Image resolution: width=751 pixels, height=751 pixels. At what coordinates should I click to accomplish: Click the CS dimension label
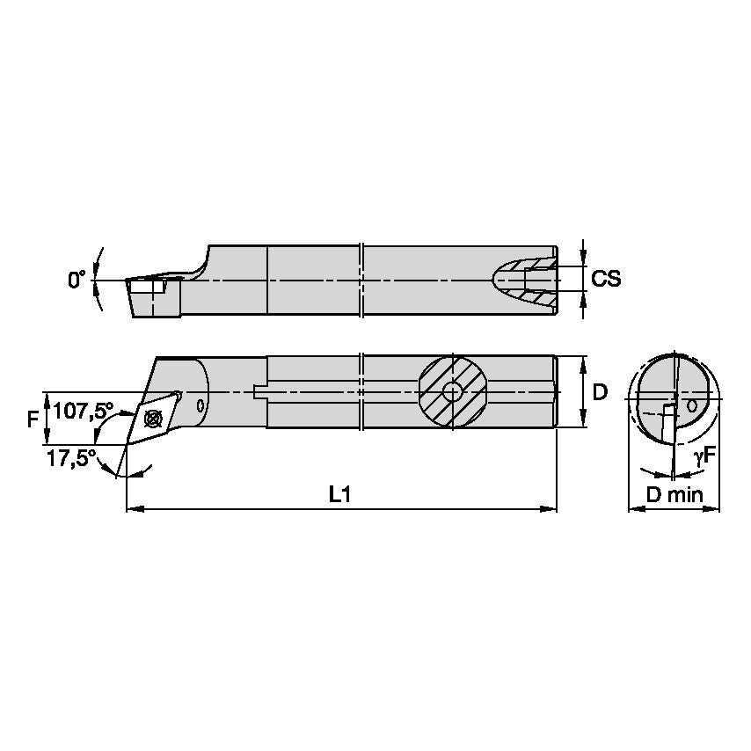point(606,279)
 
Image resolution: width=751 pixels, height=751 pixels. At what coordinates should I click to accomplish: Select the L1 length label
point(340,494)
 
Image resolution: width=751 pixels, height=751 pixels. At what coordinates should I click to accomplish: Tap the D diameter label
point(600,392)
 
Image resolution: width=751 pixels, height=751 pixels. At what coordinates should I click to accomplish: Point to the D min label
point(674,495)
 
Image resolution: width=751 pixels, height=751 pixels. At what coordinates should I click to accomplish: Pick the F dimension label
point(33,419)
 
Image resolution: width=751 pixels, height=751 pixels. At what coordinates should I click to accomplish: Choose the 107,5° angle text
point(84,411)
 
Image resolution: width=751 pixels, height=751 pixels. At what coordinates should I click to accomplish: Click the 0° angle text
point(77,280)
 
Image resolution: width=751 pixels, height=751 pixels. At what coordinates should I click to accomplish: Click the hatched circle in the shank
point(452,391)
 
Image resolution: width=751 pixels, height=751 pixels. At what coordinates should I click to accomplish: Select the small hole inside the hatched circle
point(452,391)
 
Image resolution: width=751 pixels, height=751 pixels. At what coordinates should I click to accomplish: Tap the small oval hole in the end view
point(693,406)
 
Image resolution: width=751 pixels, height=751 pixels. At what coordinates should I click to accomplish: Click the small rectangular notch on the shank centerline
point(259,391)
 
